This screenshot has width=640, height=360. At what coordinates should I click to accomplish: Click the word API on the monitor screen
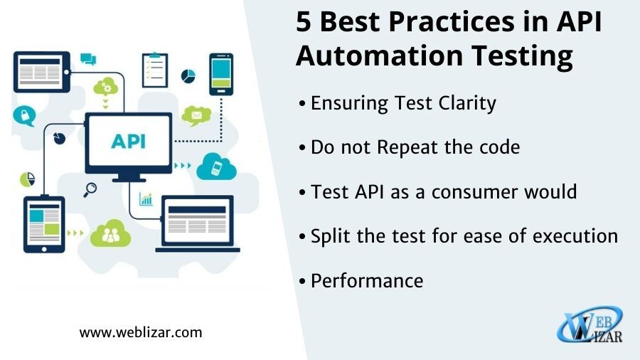point(128,141)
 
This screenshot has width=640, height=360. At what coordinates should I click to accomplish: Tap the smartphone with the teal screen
point(221,74)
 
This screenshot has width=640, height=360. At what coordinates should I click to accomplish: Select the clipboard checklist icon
point(155,70)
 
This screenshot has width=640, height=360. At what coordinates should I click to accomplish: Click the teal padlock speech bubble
point(24,115)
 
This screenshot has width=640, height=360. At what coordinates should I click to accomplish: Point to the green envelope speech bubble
point(196,115)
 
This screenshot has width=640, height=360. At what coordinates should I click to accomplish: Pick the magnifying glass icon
point(90,190)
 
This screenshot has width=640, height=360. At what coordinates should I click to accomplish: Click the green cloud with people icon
point(110,233)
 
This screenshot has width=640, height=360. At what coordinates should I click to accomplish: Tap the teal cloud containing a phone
point(216,166)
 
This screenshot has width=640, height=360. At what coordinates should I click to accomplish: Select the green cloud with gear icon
point(106,87)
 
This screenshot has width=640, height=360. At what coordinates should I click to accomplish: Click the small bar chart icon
point(146,198)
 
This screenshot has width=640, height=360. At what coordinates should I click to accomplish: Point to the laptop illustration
point(198,223)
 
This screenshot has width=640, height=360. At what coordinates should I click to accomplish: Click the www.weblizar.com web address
point(141,332)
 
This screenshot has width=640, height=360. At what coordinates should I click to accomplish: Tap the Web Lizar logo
point(590,324)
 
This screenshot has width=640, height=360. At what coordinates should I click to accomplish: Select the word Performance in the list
point(367,281)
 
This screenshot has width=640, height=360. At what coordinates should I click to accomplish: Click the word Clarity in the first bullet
point(467,103)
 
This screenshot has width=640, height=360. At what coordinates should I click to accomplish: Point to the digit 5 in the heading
point(303,21)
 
